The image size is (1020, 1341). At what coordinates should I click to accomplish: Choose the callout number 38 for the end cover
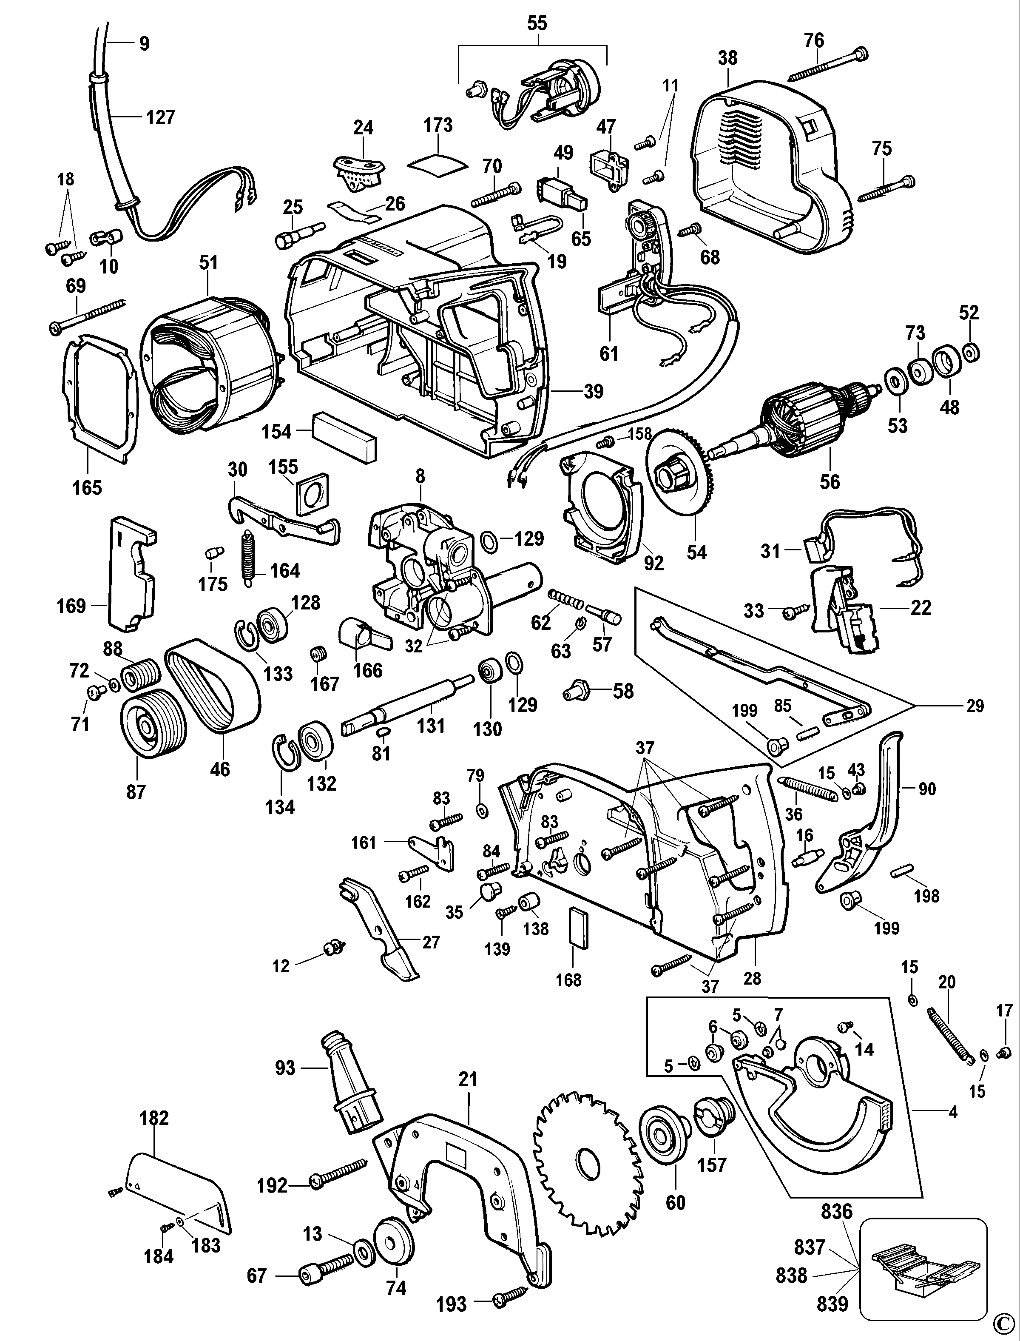727,58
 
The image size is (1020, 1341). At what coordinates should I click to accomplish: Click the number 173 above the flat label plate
438,125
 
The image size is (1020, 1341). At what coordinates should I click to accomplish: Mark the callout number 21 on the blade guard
468,1079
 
